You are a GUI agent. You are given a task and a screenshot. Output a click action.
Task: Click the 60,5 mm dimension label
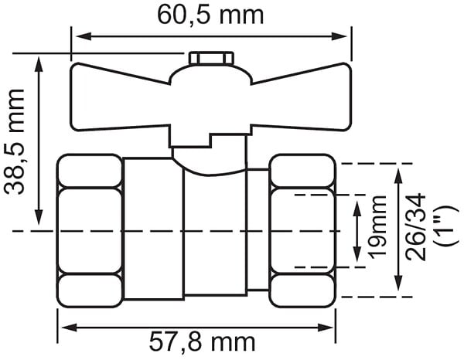click(210, 15)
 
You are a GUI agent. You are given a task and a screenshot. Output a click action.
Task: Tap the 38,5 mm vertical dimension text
click(14, 141)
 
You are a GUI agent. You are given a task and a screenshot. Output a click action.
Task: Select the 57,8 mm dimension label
click(202, 341)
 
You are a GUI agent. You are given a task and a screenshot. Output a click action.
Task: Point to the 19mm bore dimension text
click(378, 227)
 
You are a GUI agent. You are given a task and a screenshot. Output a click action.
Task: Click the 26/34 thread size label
click(416, 227)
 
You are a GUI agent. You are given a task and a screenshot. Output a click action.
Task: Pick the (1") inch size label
click(445, 226)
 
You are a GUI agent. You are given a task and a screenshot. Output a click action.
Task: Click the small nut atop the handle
click(211, 58)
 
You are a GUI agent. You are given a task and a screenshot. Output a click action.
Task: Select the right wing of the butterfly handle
click(302, 97)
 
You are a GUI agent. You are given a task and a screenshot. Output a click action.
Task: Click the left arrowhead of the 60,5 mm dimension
click(84, 36)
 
